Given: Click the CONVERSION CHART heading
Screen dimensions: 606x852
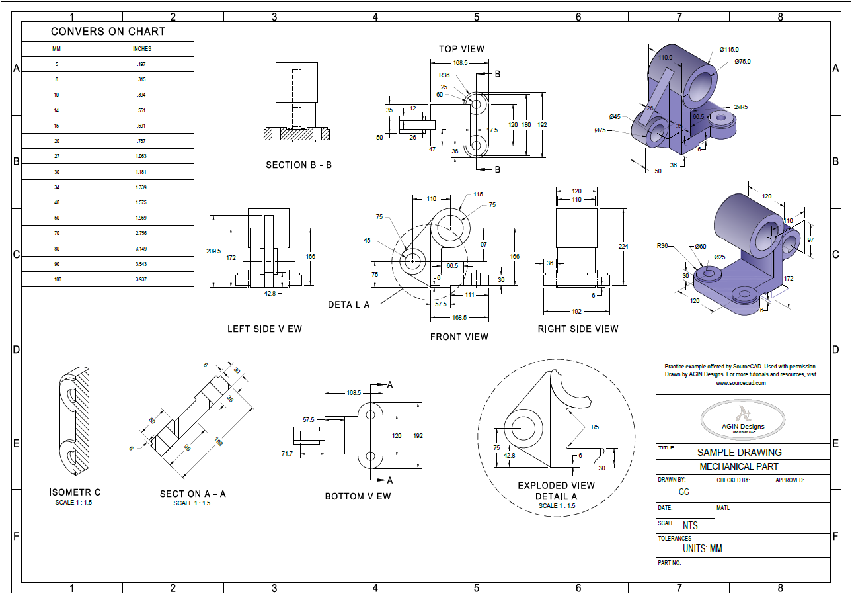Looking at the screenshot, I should click(108, 32).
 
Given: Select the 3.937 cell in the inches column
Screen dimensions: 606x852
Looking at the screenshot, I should click(141, 279).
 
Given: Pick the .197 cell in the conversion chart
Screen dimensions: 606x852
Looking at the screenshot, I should click(141, 64).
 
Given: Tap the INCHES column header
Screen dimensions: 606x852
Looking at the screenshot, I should click(141, 49).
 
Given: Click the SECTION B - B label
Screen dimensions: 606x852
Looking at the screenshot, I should click(299, 165).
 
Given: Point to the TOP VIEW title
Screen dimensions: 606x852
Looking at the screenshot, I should click(461, 49).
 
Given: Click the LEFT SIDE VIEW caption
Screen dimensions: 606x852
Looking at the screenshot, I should click(264, 329).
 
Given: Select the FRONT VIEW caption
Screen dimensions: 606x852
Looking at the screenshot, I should click(459, 337).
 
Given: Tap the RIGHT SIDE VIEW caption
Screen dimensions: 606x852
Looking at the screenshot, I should click(578, 329).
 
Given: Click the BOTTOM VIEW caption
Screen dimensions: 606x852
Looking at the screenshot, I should click(358, 496).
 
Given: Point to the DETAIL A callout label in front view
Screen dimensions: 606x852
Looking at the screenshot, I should click(348, 305).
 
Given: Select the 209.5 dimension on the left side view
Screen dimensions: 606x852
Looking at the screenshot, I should click(213, 251).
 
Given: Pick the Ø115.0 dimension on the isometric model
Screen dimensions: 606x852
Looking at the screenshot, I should click(730, 50).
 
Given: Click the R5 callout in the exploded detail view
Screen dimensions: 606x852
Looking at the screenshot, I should click(595, 427).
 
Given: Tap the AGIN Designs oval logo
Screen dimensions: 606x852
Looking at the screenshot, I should click(743, 418).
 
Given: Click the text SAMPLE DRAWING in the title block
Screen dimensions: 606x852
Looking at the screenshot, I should click(739, 453).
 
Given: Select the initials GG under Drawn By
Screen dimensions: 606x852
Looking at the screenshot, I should click(684, 492).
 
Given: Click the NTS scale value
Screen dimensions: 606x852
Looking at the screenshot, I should click(690, 526).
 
